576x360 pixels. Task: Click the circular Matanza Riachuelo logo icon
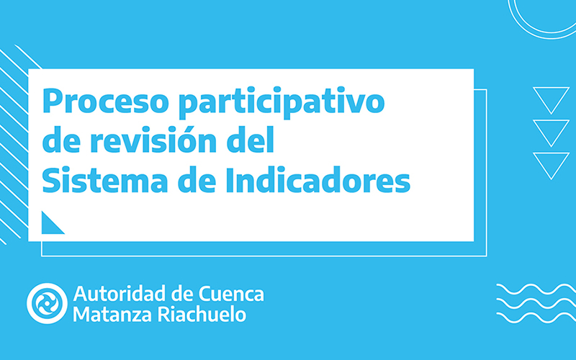48,303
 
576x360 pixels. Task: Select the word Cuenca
230,294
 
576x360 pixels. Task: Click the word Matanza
107,315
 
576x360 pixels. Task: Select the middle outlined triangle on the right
551,131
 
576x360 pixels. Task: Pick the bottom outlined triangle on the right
551,163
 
